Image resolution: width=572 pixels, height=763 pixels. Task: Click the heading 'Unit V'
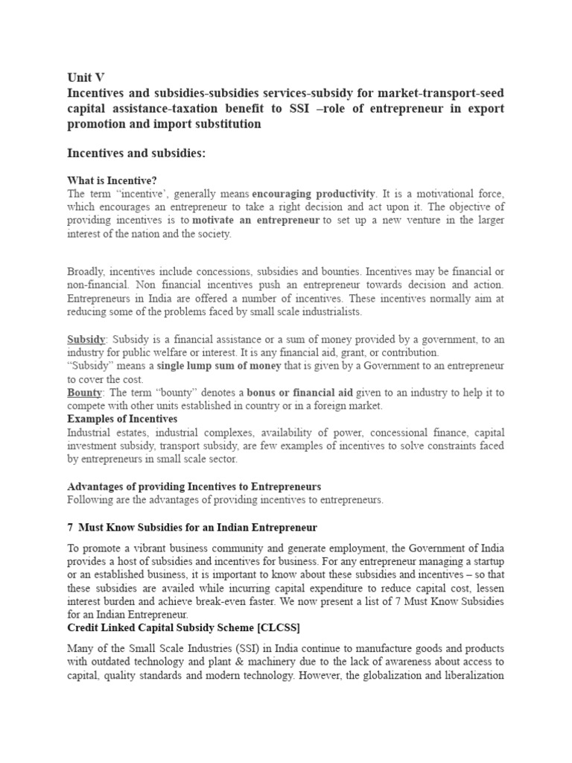(x=86, y=77)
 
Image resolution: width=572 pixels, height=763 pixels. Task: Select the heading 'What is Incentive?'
(x=112, y=180)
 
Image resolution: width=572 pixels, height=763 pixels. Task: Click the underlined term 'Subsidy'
(x=86, y=339)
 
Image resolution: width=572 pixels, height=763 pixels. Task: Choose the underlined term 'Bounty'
(x=84, y=393)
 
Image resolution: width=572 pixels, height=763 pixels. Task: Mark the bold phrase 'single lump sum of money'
(x=219, y=366)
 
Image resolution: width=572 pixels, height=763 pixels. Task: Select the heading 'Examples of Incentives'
(x=122, y=419)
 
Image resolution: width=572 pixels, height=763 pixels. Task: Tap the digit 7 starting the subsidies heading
(x=70, y=527)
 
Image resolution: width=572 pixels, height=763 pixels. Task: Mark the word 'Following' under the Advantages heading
(x=89, y=500)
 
